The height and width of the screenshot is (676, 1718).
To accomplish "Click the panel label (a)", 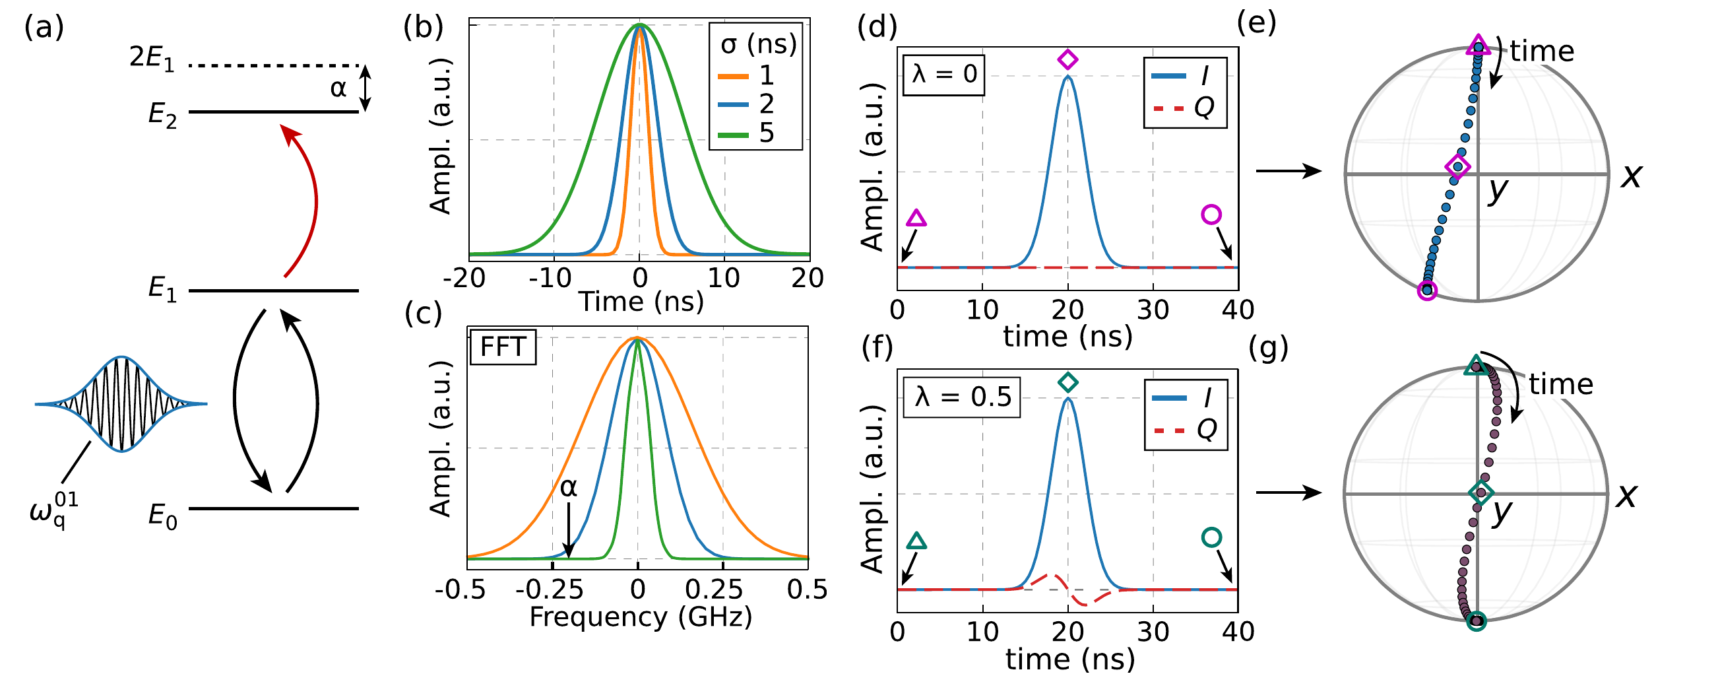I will click(x=44, y=28).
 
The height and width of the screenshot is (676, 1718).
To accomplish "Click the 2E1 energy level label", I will click(x=152, y=58).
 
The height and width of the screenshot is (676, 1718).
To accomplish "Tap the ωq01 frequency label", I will click(x=54, y=510).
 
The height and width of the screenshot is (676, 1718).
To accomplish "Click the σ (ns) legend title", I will click(x=759, y=45).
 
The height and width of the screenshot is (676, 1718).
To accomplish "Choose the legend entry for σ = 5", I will click(x=747, y=133).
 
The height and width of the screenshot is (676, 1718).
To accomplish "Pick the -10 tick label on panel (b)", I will click(x=550, y=278).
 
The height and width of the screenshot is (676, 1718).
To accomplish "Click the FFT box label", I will click(x=503, y=347).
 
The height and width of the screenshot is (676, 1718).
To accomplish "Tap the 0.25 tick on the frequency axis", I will click(x=714, y=590).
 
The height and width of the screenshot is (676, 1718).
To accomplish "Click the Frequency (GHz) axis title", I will click(x=640, y=617).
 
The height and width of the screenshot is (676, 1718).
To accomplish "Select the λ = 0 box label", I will click(x=943, y=74).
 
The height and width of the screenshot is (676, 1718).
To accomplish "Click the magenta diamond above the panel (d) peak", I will click(x=1067, y=59).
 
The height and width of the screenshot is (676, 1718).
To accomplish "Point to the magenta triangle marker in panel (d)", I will click(x=917, y=219).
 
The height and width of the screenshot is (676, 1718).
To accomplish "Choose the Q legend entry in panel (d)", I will click(x=1187, y=107).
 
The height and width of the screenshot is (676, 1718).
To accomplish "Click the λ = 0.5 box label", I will click(x=962, y=397).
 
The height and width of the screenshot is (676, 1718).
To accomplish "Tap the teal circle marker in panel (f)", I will click(x=1211, y=537).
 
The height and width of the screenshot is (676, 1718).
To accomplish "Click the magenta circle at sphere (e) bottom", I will click(x=1426, y=290).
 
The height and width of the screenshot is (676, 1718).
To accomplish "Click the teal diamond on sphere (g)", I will click(x=1480, y=492).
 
